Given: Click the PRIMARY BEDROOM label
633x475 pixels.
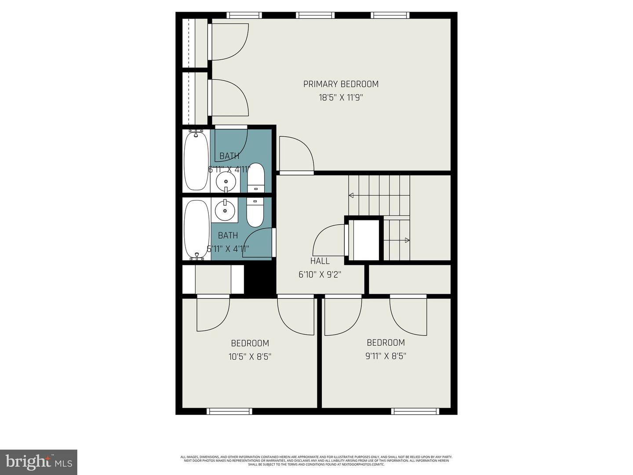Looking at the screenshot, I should coord(341,84).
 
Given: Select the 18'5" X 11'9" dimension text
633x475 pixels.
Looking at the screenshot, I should coord(341,97).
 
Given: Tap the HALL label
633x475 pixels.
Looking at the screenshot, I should coord(320,261).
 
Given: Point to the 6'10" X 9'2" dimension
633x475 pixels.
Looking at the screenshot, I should coord(320,274).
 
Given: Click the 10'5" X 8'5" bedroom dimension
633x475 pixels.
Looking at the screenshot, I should coord(250,357).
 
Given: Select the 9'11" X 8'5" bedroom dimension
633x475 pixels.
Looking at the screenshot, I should coord(386,356).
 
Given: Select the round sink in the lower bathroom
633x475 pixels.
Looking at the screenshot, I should coord(226,210).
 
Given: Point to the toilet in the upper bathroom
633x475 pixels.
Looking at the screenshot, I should coord(255,178).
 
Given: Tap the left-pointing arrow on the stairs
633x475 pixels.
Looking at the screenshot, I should coord(352,195).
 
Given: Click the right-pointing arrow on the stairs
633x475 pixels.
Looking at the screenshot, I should coord(407,240).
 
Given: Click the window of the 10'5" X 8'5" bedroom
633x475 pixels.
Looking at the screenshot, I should coord(229,411).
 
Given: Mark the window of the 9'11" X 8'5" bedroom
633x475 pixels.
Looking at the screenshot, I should coord(415,411).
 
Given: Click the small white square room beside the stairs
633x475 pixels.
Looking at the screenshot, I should coord(366,240).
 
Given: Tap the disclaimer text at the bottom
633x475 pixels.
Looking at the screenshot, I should coord(316,460).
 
